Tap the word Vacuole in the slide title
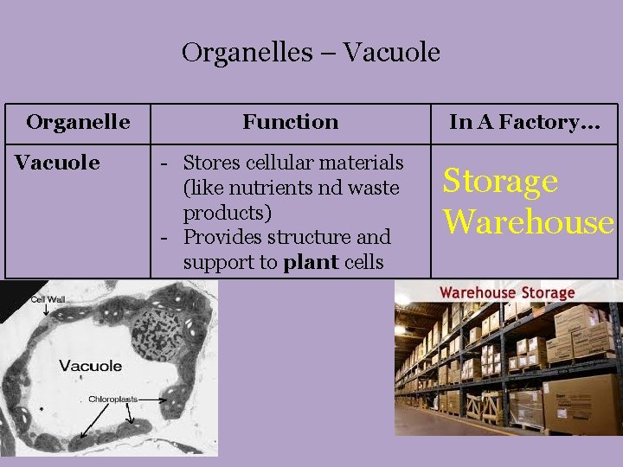pyautogui.click(x=392, y=54)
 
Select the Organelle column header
pyautogui.click(x=78, y=122)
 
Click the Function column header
pyautogui.click(x=291, y=122)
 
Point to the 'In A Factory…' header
pyautogui.click(x=524, y=122)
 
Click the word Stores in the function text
pyautogui.click(x=213, y=163)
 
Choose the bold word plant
pyautogui.click(x=311, y=262)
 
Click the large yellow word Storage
pyautogui.click(x=500, y=182)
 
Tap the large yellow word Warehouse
pyautogui.click(x=529, y=222)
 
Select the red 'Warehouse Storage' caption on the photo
pyautogui.click(x=507, y=292)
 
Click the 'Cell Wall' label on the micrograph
pyautogui.click(x=48, y=299)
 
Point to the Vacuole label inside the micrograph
pyautogui.click(x=91, y=366)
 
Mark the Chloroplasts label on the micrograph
pyautogui.click(x=112, y=400)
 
